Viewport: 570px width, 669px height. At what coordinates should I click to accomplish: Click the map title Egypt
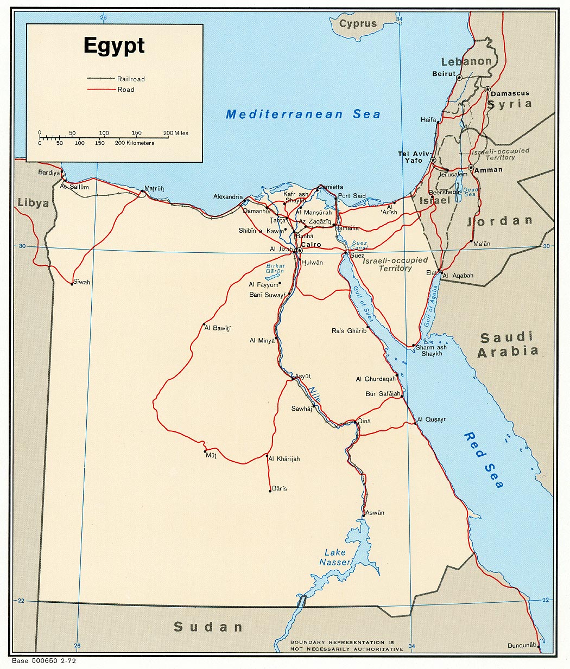114,46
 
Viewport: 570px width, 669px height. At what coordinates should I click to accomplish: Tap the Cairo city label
311,245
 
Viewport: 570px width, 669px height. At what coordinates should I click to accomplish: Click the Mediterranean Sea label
303,114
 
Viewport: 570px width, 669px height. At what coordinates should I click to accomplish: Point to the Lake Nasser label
335,557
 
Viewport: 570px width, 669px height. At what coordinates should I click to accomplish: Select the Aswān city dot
364,515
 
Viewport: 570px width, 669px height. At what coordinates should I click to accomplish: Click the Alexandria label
228,196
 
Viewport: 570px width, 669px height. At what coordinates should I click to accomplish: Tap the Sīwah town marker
72,284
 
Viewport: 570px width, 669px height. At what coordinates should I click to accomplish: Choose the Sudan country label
208,627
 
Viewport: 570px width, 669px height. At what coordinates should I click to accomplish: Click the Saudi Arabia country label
508,345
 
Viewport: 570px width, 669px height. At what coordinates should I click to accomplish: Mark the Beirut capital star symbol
459,78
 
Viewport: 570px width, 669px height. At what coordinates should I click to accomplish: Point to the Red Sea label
484,460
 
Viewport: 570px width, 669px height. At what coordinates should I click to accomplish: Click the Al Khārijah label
284,459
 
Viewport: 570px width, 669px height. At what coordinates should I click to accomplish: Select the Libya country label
33,203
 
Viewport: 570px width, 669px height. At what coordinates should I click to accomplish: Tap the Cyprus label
358,24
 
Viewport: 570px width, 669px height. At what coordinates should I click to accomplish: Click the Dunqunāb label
522,645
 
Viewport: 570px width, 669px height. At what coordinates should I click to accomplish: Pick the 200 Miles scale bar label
175,133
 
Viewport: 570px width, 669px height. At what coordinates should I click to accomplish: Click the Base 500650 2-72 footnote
44,661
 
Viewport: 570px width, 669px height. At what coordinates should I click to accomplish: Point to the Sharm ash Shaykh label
432,351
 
